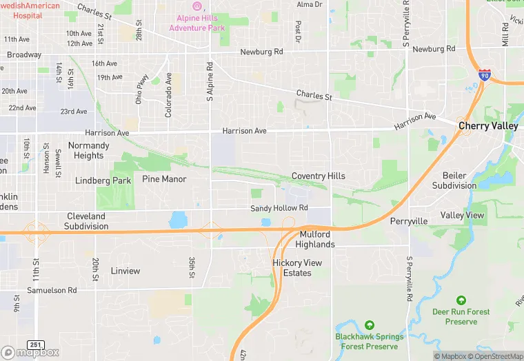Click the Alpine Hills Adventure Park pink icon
tap(197, 6)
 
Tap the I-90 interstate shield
tap(485, 74)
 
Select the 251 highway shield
tap(36, 344)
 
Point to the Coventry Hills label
tap(319, 176)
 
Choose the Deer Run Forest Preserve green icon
tap(461, 300)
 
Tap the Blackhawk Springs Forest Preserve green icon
tap(369, 324)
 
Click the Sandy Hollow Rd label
tap(279, 208)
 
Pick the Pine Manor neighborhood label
tap(164, 179)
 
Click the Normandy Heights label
tap(89, 151)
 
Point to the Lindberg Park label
tap(103, 180)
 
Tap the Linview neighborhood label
tap(125, 271)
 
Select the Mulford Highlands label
tap(315, 239)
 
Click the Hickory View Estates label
tap(297, 268)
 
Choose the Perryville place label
tap(409, 221)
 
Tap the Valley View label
tap(462, 216)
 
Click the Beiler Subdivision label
tap(454, 180)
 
